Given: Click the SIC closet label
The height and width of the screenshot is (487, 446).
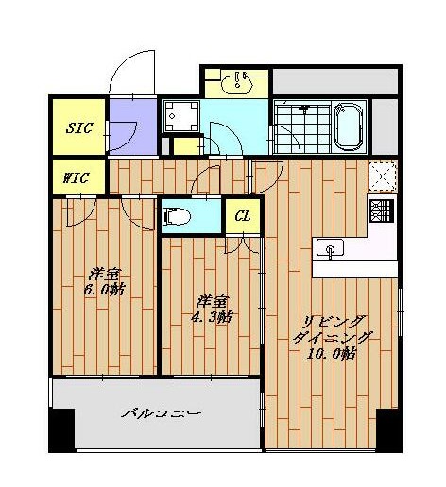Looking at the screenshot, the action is tap(79, 127).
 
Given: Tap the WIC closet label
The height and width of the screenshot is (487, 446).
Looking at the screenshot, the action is tap(76, 178).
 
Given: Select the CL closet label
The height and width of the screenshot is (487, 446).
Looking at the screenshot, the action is tap(243, 216).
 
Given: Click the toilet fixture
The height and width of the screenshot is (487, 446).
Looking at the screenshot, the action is tap(177, 216).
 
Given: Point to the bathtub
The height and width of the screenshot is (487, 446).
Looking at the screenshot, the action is tap(349, 127).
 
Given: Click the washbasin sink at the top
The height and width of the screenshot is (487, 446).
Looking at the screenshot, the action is tap(237, 83).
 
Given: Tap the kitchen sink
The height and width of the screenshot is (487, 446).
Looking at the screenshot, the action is tap(330, 248).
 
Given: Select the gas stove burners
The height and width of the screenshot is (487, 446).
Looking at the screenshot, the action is tap(382, 211).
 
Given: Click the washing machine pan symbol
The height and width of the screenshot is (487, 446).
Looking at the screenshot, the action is tap(181, 116).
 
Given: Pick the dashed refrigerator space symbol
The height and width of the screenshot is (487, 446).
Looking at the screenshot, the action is tap(383, 176).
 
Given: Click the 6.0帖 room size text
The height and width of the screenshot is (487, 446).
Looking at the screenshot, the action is tap(105, 290).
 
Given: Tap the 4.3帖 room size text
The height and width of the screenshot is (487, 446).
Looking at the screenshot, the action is tap(212, 317).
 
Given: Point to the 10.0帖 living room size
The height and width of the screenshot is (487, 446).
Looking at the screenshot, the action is tap(332, 354).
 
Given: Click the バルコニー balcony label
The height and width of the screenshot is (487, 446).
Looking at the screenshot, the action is tap(161, 413).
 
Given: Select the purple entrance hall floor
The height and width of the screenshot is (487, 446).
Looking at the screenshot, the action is tap(133, 126).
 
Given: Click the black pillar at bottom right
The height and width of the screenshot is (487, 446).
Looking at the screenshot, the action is tap(388, 430).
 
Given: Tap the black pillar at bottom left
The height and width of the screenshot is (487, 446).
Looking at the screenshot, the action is tap(62, 430).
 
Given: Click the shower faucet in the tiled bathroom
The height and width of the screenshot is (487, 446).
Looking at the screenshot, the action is tap(304, 108).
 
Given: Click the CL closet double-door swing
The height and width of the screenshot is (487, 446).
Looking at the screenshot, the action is tap(243, 244).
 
